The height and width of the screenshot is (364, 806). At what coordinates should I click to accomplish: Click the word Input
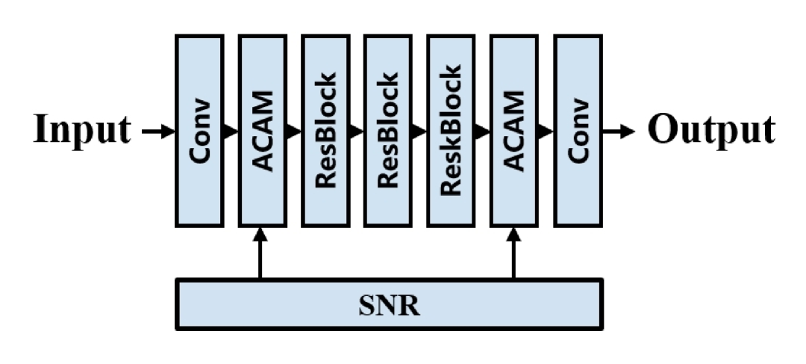point(81,130)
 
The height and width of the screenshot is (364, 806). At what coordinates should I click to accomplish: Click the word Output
point(710,130)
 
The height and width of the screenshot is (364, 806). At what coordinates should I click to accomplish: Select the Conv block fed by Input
point(199,130)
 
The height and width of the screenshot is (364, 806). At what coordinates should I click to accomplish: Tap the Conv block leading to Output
point(578,130)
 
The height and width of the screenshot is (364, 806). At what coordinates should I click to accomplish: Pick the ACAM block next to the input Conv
point(262,130)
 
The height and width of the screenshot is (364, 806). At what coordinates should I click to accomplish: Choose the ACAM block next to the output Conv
point(514,130)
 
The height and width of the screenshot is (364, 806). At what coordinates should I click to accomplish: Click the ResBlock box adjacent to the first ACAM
point(325,130)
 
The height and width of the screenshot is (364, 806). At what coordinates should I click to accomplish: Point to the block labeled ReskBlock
point(451,130)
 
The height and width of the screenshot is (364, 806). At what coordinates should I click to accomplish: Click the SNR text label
point(388,305)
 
